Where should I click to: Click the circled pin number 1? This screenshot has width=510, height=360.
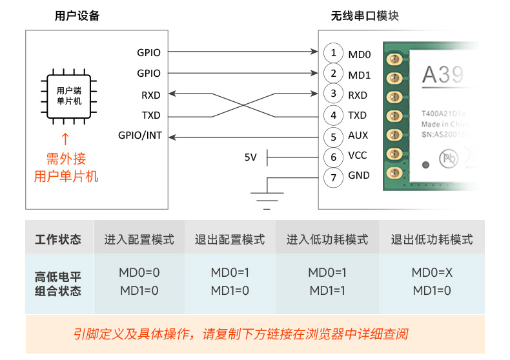coord(333,53)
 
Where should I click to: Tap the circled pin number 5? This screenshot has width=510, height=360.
coord(333,137)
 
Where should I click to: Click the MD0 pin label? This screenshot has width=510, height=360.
coord(360,54)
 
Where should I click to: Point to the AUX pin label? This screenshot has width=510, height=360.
coord(358,135)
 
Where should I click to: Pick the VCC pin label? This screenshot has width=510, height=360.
coord(358,155)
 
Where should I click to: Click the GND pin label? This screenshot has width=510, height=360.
coord(359,175)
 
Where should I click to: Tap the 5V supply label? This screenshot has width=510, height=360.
coord(250,157)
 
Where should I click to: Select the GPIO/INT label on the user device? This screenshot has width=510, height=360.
coord(140,135)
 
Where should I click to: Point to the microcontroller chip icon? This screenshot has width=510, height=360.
coord(69,96)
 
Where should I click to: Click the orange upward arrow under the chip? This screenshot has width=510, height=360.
coord(65,139)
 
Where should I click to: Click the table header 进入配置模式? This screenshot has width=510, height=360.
coord(139,239)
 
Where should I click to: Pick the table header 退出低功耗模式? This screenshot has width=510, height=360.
coord(432,239)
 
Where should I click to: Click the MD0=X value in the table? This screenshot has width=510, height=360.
coord(432,273)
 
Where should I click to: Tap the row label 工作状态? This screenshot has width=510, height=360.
coord(59,239)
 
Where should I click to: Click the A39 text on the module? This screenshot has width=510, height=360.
coord(443,75)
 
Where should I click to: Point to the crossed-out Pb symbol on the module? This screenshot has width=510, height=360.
coord(447,157)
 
